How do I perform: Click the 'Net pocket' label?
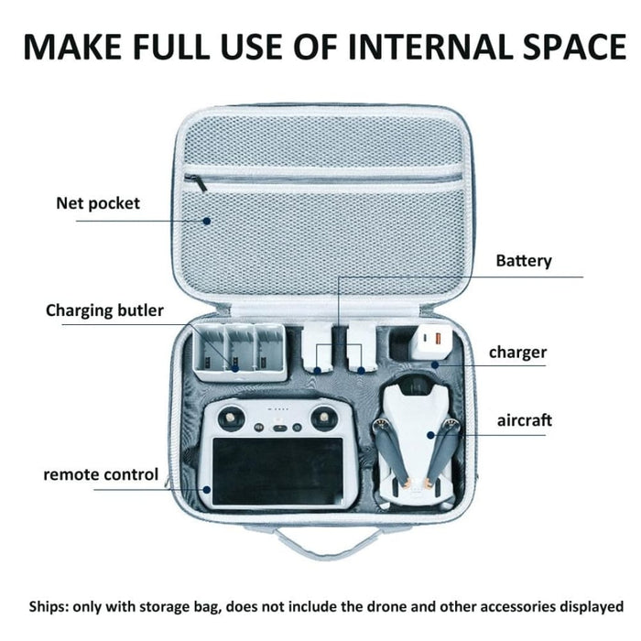(98, 202)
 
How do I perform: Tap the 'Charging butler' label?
(104, 310)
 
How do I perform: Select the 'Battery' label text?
(524, 261)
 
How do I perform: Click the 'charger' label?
(517, 352)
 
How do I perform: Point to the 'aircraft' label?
(525, 420)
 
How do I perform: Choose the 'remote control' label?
(101, 474)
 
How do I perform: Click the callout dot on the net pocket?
(208, 220)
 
